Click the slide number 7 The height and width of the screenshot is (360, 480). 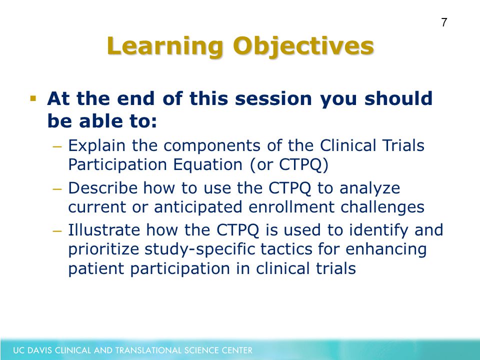(444, 22)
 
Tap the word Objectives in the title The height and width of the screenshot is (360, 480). (303, 46)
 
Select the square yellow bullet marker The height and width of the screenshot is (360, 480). (33, 98)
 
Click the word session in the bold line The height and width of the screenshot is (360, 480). (273, 99)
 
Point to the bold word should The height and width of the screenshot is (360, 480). (398, 98)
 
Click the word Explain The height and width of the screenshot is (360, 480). (96, 145)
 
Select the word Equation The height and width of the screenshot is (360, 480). (208, 164)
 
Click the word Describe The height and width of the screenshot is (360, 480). (103, 188)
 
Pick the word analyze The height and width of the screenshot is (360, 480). (370, 188)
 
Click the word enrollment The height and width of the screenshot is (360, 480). (291, 207)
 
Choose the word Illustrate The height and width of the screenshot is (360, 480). (104, 230)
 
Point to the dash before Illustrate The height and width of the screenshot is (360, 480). (57, 231)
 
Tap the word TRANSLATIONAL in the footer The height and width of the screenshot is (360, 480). (138, 350)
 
